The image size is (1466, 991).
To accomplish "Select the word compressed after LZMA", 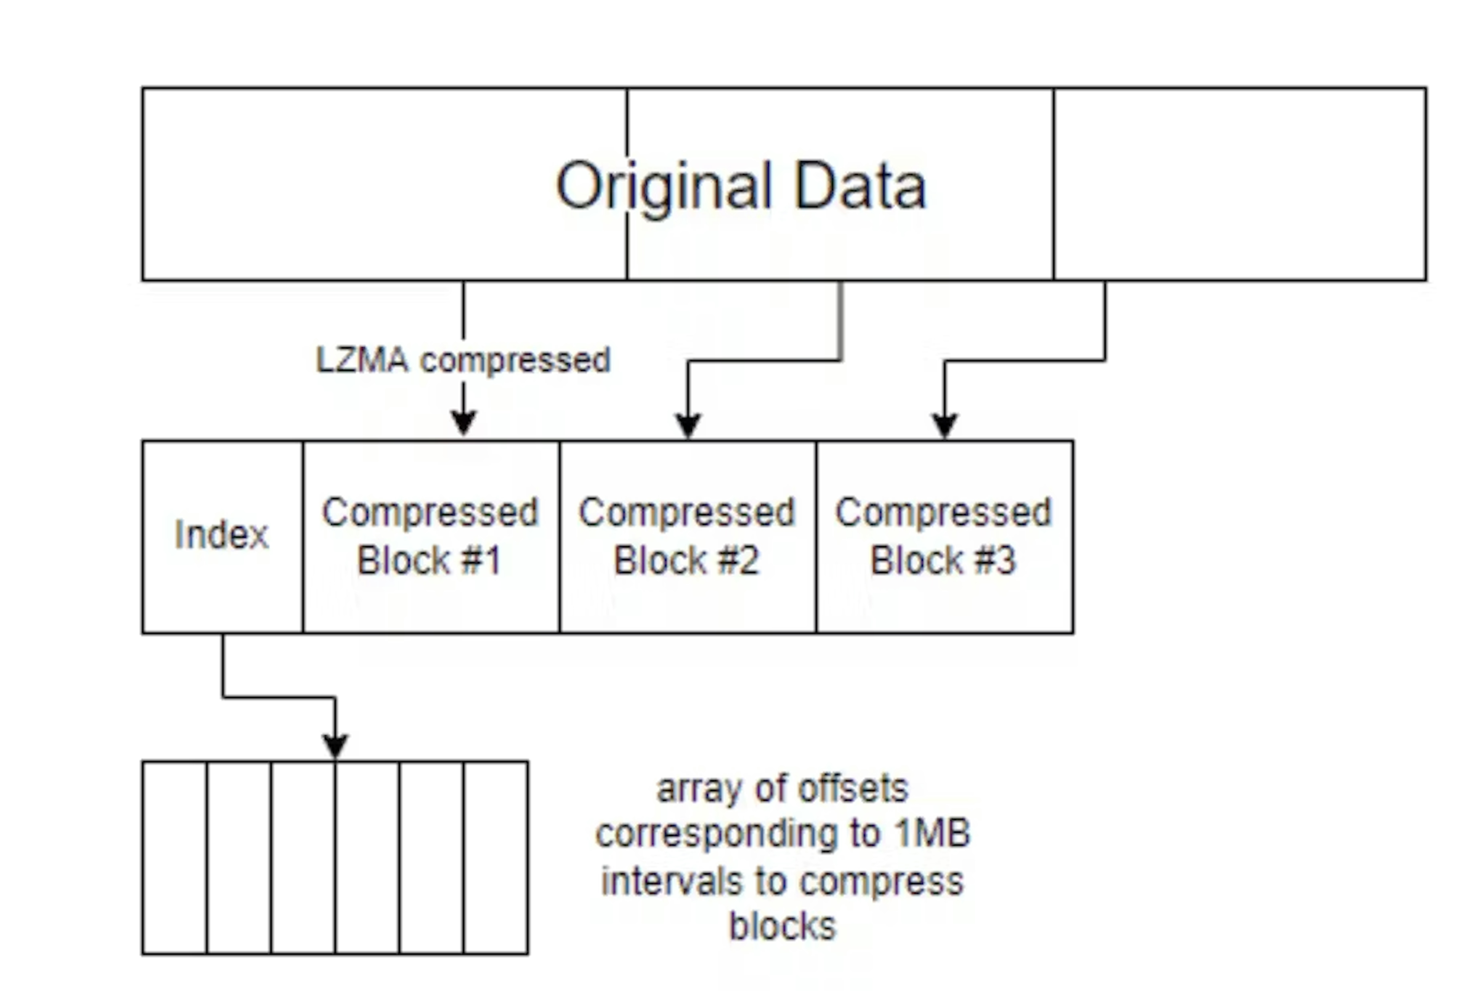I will tap(515, 360).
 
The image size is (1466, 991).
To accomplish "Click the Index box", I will tap(222, 536).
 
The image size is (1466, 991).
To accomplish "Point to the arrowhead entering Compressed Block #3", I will tap(945, 424).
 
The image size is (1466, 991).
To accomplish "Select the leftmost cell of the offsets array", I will tap(175, 858).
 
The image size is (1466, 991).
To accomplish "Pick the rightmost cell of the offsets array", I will tap(496, 858).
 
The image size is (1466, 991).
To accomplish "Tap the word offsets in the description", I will tap(853, 789).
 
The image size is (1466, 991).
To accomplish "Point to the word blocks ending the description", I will tap(782, 925).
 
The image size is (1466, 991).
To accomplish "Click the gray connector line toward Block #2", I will tap(841, 322).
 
